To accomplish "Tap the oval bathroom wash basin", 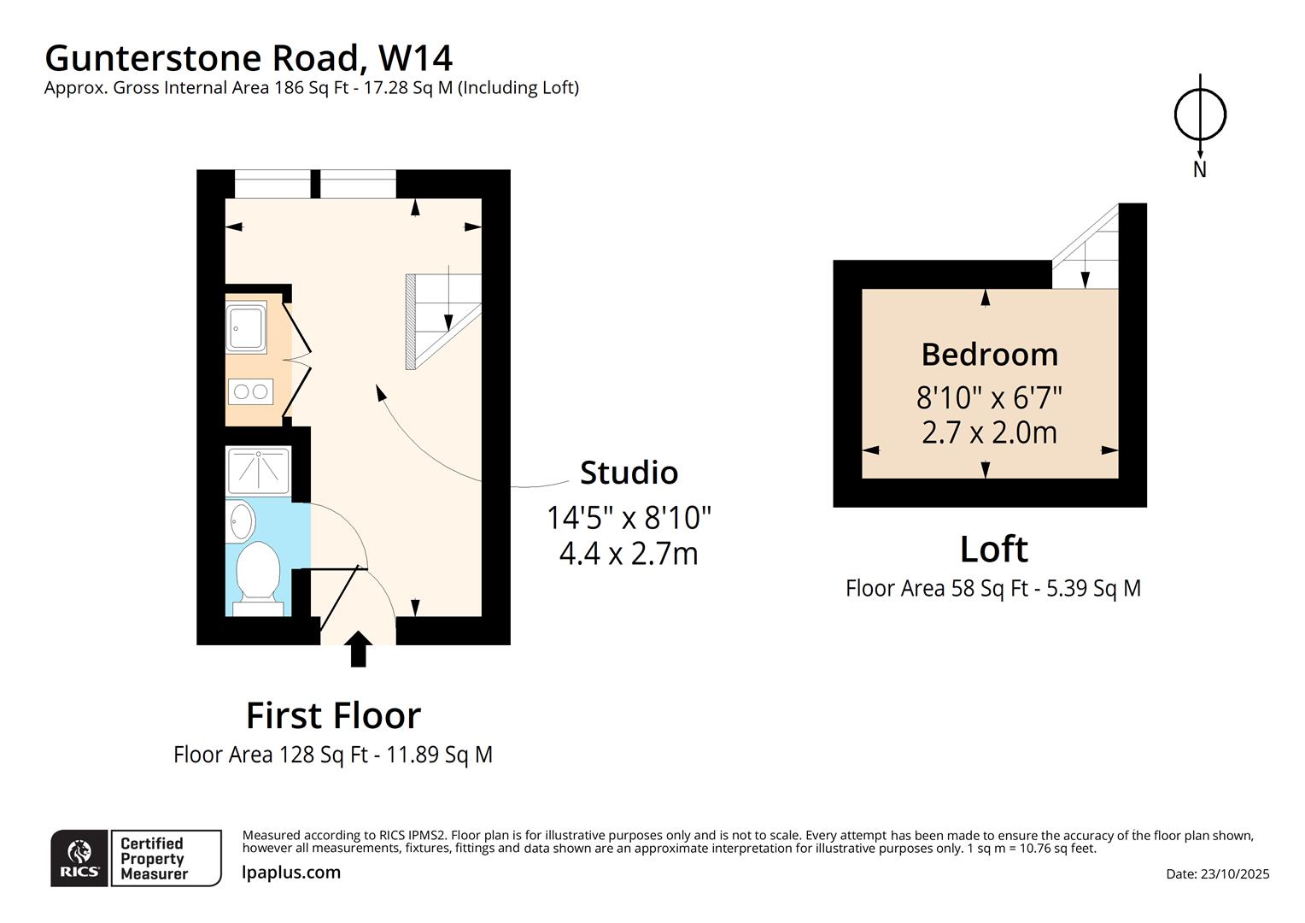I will pyautogui.click(x=243, y=520).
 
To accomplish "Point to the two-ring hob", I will pyautogui.click(x=250, y=391).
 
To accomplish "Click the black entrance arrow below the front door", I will pyautogui.click(x=359, y=649).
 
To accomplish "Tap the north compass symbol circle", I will pyautogui.click(x=1200, y=115).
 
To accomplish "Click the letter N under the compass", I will pyautogui.click(x=1200, y=169).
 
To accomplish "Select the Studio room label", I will pyautogui.click(x=629, y=473).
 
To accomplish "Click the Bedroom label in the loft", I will pyautogui.click(x=989, y=354).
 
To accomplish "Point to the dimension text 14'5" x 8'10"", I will pyautogui.click(x=629, y=517).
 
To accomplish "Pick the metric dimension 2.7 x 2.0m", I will pyautogui.click(x=989, y=432).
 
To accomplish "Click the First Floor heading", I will pyautogui.click(x=333, y=715).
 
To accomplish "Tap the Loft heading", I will pyautogui.click(x=993, y=549).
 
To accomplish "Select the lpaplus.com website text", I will pyautogui.click(x=291, y=873).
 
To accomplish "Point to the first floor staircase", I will pyautogui.click(x=443, y=320).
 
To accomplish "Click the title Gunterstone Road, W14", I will pyautogui.click(x=249, y=58).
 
